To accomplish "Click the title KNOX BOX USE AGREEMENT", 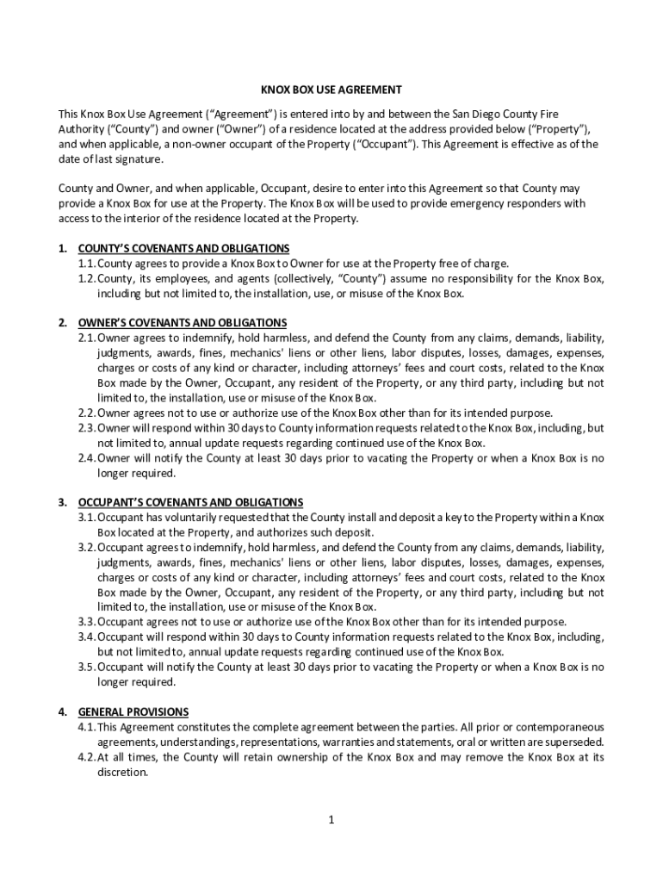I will (331, 90).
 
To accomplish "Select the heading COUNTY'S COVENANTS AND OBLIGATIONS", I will (183, 248).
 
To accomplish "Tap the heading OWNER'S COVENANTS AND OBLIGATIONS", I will (182, 322).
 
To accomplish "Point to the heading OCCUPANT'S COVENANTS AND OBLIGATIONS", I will (190, 502).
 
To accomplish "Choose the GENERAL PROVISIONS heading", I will (133, 712).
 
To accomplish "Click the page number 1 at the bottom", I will (331, 819).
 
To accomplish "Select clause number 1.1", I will (86, 264).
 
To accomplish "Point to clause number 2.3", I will (86, 428).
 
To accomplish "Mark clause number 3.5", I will (86, 668).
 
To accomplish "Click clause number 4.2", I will (86, 758).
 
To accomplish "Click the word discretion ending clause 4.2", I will (122, 773).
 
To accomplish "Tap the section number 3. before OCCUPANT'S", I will (63, 502).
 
